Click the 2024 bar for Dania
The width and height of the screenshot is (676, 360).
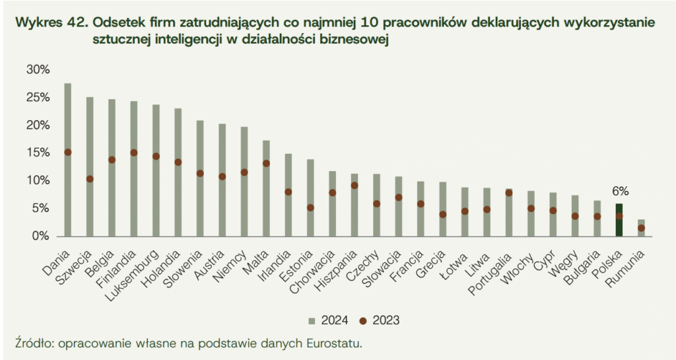point(67,159)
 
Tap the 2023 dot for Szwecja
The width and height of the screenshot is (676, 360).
point(90,179)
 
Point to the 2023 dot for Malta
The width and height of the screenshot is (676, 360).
point(266,163)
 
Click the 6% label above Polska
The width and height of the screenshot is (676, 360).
point(619,192)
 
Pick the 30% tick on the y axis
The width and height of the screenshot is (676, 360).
point(37,69)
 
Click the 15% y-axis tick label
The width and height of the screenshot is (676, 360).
point(37,153)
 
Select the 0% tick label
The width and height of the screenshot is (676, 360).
point(40,236)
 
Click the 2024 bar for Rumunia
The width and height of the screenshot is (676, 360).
point(641,227)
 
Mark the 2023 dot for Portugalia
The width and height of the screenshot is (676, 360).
point(508,193)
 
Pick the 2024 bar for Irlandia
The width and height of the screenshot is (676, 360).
point(288,195)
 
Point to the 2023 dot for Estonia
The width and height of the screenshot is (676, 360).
point(310,207)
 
